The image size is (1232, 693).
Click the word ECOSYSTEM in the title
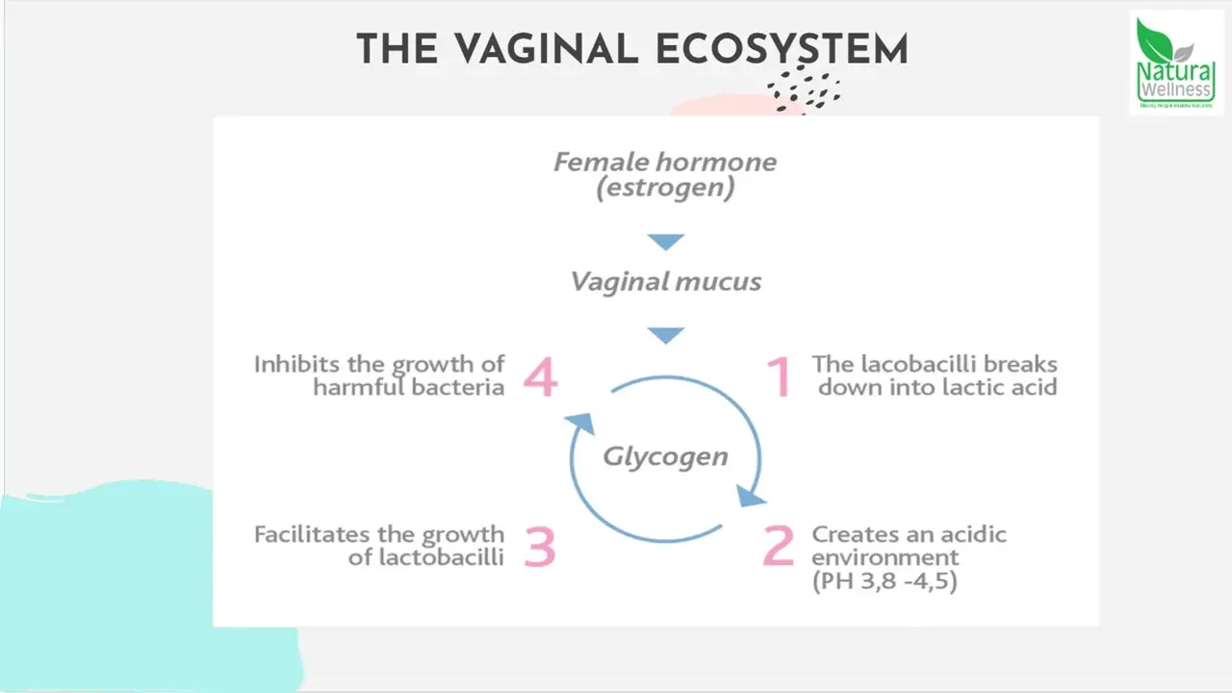pos(782,50)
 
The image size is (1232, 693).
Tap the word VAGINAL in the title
pos(547,50)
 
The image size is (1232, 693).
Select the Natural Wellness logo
pos(1176,64)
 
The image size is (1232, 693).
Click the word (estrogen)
pos(665,187)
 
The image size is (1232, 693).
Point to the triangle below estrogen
pos(665,242)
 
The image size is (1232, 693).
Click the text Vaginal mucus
pos(665,282)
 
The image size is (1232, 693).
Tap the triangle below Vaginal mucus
pos(665,335)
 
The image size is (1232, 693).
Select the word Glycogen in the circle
pos(665,455)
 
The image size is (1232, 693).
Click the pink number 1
pos(779,376)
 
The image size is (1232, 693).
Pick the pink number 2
pos(778,546)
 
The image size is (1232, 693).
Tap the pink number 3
pos(540,546)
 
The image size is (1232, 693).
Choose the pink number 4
pos(540,376)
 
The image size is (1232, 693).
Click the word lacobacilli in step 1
pos(911,365)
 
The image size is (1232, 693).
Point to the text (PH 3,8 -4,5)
pos(885,582)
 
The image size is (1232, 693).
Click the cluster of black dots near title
pos(804,90)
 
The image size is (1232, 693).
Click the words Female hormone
pos(665,161)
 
